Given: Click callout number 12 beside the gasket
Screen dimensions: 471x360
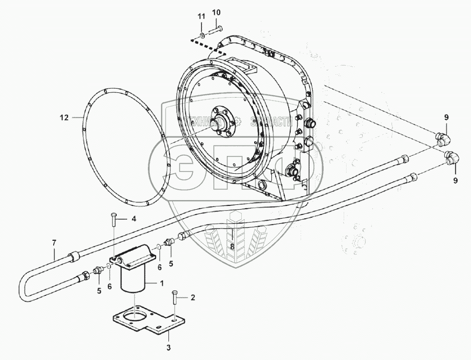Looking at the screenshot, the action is (65, 117).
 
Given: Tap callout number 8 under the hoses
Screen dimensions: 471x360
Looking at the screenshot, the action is (232, 247).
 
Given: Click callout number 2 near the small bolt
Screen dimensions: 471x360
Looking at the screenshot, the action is (192, 298).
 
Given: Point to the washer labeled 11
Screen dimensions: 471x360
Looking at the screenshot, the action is (202, 35).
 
